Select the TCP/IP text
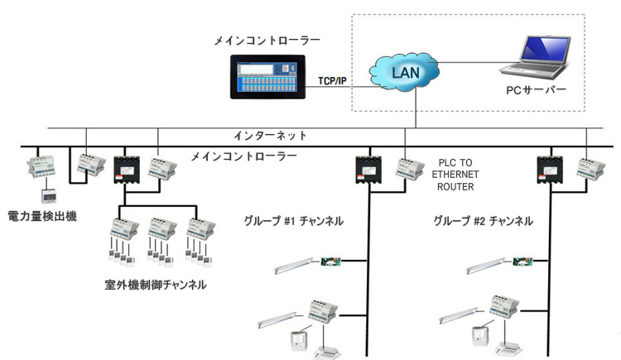point(333,81)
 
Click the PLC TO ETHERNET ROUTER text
point(454,175)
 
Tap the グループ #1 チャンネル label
point(293,222)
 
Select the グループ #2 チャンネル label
point(483,222)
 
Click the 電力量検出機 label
point(42,216)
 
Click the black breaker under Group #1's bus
point(368,169)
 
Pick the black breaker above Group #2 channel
point(550,169)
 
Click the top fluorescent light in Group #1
point(295,264)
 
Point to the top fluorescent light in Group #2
point(484,264)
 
